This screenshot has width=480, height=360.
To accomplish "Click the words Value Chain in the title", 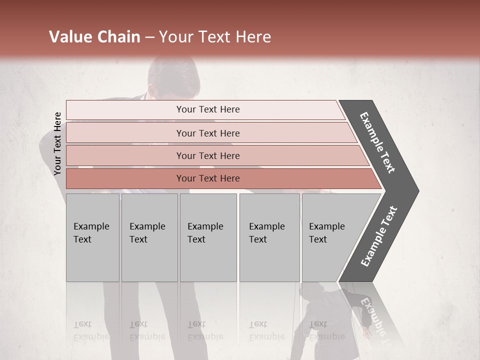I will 94,37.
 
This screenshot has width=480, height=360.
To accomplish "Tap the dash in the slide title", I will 149,37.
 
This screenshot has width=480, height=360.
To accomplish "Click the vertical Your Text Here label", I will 57,143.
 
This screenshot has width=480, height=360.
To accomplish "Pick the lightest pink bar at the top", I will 207,109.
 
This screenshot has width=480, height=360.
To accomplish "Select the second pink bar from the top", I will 207,133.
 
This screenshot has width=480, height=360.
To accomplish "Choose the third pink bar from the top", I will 207,155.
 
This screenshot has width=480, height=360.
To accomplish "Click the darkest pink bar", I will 207,178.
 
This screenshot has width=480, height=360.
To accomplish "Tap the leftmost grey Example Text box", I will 92,237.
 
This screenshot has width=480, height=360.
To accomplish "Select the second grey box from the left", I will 149,237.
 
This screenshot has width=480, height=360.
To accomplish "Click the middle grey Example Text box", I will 208,237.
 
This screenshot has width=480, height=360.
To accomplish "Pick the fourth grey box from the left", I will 269,237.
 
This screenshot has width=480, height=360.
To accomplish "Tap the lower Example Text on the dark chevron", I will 379,236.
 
